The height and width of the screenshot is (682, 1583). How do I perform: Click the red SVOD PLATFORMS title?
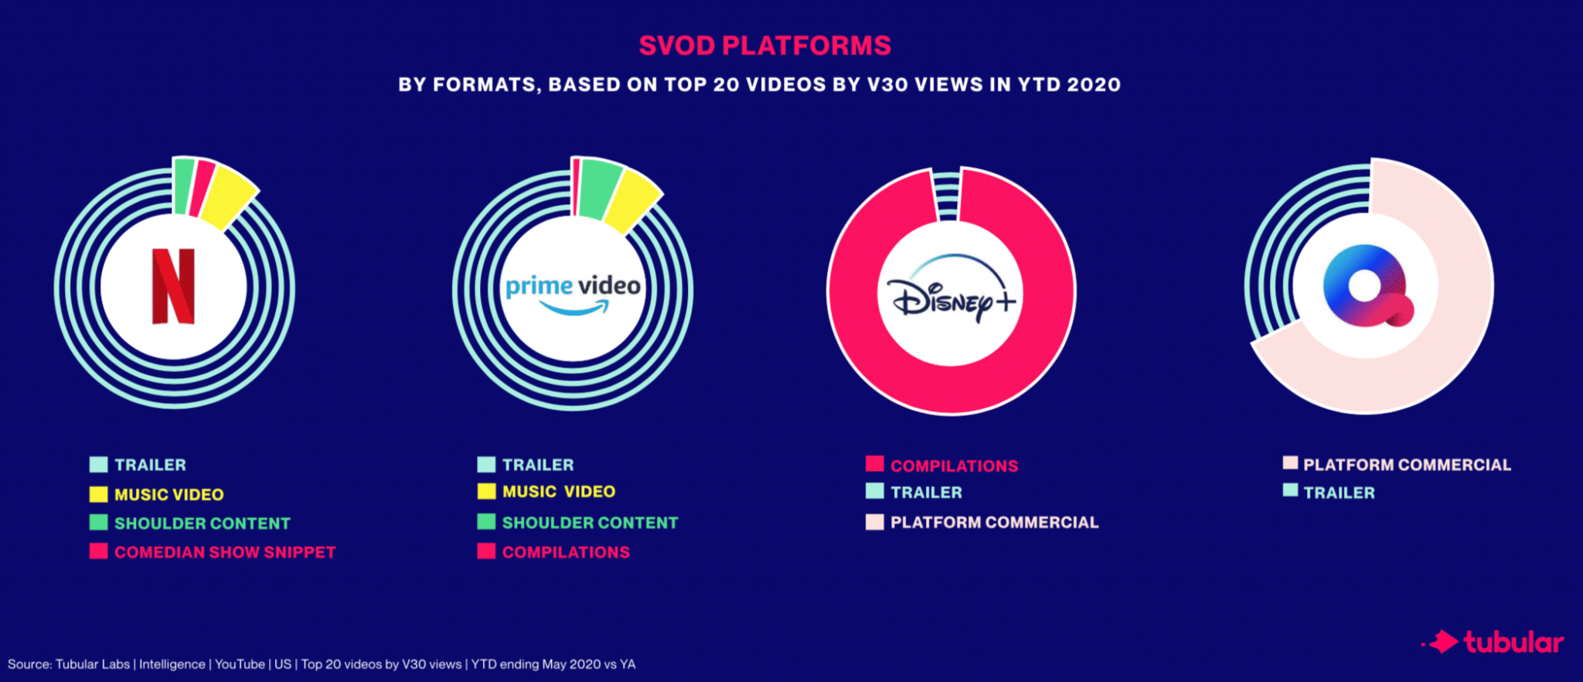click(x=764, y=46)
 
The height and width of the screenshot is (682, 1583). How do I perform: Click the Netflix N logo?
click(x=173, y=286)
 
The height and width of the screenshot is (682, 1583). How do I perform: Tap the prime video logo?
click(x=573, y=292)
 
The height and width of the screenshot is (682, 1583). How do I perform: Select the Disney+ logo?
click(x=952, y=297)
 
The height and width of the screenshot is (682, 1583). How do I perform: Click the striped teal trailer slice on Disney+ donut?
click(x=947, y=195)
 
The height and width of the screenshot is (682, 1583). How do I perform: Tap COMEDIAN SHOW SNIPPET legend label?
click(x=225, y=552)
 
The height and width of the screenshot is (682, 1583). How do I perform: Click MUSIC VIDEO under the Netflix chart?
click(x=169, y=495)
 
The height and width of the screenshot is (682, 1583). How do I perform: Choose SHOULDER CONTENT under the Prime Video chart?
click(x=590, y=523)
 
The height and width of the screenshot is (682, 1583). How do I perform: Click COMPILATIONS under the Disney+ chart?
click(x=954, y=466)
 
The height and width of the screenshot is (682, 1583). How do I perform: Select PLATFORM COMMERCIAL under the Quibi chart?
click(x=1407, y=465)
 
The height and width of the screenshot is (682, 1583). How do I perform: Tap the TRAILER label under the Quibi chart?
click(x=1339, y=493)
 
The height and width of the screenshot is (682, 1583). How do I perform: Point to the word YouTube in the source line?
click(x=240, y=664)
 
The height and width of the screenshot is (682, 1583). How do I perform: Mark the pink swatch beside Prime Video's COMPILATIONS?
click(x=486, y=551)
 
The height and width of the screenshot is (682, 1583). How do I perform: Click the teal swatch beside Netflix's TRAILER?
click(x=98, y=465)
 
